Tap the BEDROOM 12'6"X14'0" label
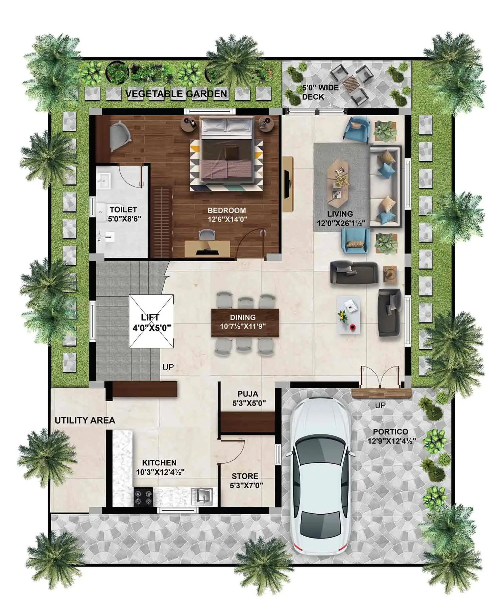pos(227,214)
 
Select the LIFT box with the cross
pos(151,321)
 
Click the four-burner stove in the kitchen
pos(143,497)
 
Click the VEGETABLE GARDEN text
pos(176,94)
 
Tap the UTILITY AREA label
pos(85,420)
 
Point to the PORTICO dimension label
pos(392,436)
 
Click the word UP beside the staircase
pos(168,367)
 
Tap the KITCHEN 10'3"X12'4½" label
pos(160,467)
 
